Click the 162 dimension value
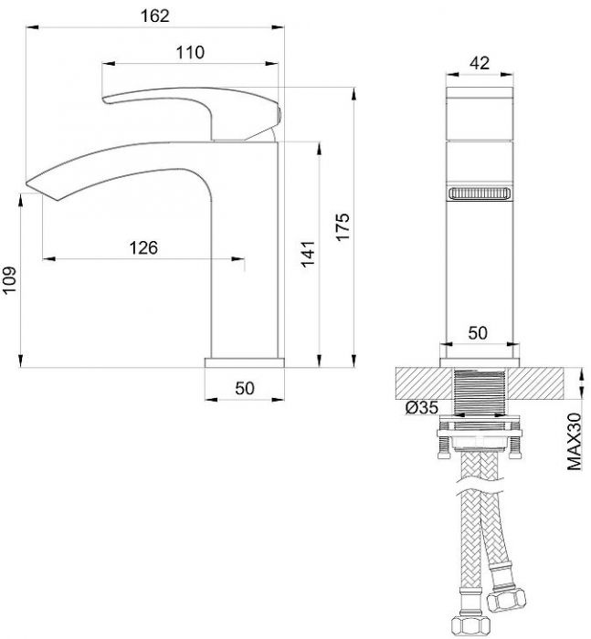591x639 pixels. [x=154, y=16]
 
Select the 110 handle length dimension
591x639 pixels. [x=190, y=53]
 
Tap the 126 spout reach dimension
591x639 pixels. [x=143, y=247]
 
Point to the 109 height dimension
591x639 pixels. [x=9, y=279]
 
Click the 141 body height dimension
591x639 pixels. [x=309, y=254]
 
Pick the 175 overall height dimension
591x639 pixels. [x=343, y=227]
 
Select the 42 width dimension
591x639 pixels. [x=480, y=63]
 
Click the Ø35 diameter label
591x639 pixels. [x=422, y=407]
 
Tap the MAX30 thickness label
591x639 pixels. [x=575, y=441]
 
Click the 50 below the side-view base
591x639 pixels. [x=245, y=388]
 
